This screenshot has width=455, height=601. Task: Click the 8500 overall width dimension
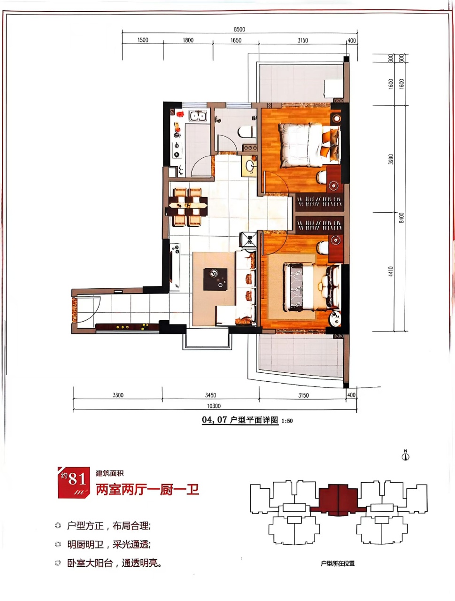coord(239,29)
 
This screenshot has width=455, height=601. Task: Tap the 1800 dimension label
coord(188,40)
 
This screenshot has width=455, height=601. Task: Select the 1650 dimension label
coord(236,40)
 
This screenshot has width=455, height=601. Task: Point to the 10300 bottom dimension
coord(214,406)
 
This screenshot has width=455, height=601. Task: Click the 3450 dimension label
coord(210,395)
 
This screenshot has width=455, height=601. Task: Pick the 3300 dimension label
coord(118,395)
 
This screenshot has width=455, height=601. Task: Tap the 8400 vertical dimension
coord(401,218)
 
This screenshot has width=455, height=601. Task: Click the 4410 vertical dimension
coord(391,271)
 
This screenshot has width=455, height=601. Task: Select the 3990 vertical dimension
coord(391,159)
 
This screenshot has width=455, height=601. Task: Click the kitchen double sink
coord(198,116)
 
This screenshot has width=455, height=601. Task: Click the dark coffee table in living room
coord(215,279)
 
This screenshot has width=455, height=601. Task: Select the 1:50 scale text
coord(286,421)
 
